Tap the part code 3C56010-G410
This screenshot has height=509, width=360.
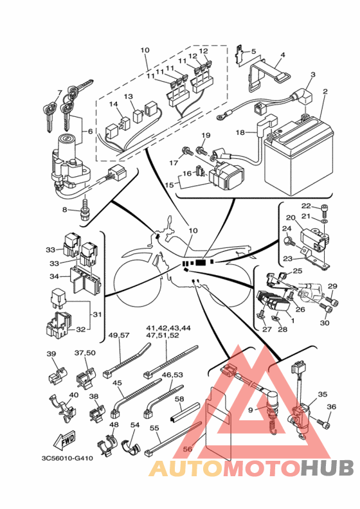click(67, 458)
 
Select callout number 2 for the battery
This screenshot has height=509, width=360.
click(325, 92)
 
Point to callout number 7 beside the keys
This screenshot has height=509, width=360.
click(59, 93)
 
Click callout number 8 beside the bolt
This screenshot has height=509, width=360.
click(65, 210)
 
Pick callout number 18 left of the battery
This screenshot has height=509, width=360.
click(240, 132)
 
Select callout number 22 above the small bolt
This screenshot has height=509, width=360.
click(306, 206)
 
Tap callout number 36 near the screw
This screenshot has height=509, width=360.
click(332, 407)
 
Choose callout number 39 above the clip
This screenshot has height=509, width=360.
click(51, 354)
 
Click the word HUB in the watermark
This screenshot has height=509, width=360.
click(327, 468)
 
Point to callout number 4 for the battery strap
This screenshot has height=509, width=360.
click(283, 55)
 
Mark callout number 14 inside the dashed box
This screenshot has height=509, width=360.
click(113, 104)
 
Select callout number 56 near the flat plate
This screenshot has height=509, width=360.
click(188, 449)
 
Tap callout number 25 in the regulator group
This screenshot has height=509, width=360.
click(298, 271)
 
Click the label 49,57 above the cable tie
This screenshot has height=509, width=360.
click(120, 335)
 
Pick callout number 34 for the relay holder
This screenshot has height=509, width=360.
click(54, 276)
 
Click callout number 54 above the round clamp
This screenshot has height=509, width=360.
click(135, 425)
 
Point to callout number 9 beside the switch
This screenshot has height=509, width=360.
click(250, 410)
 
